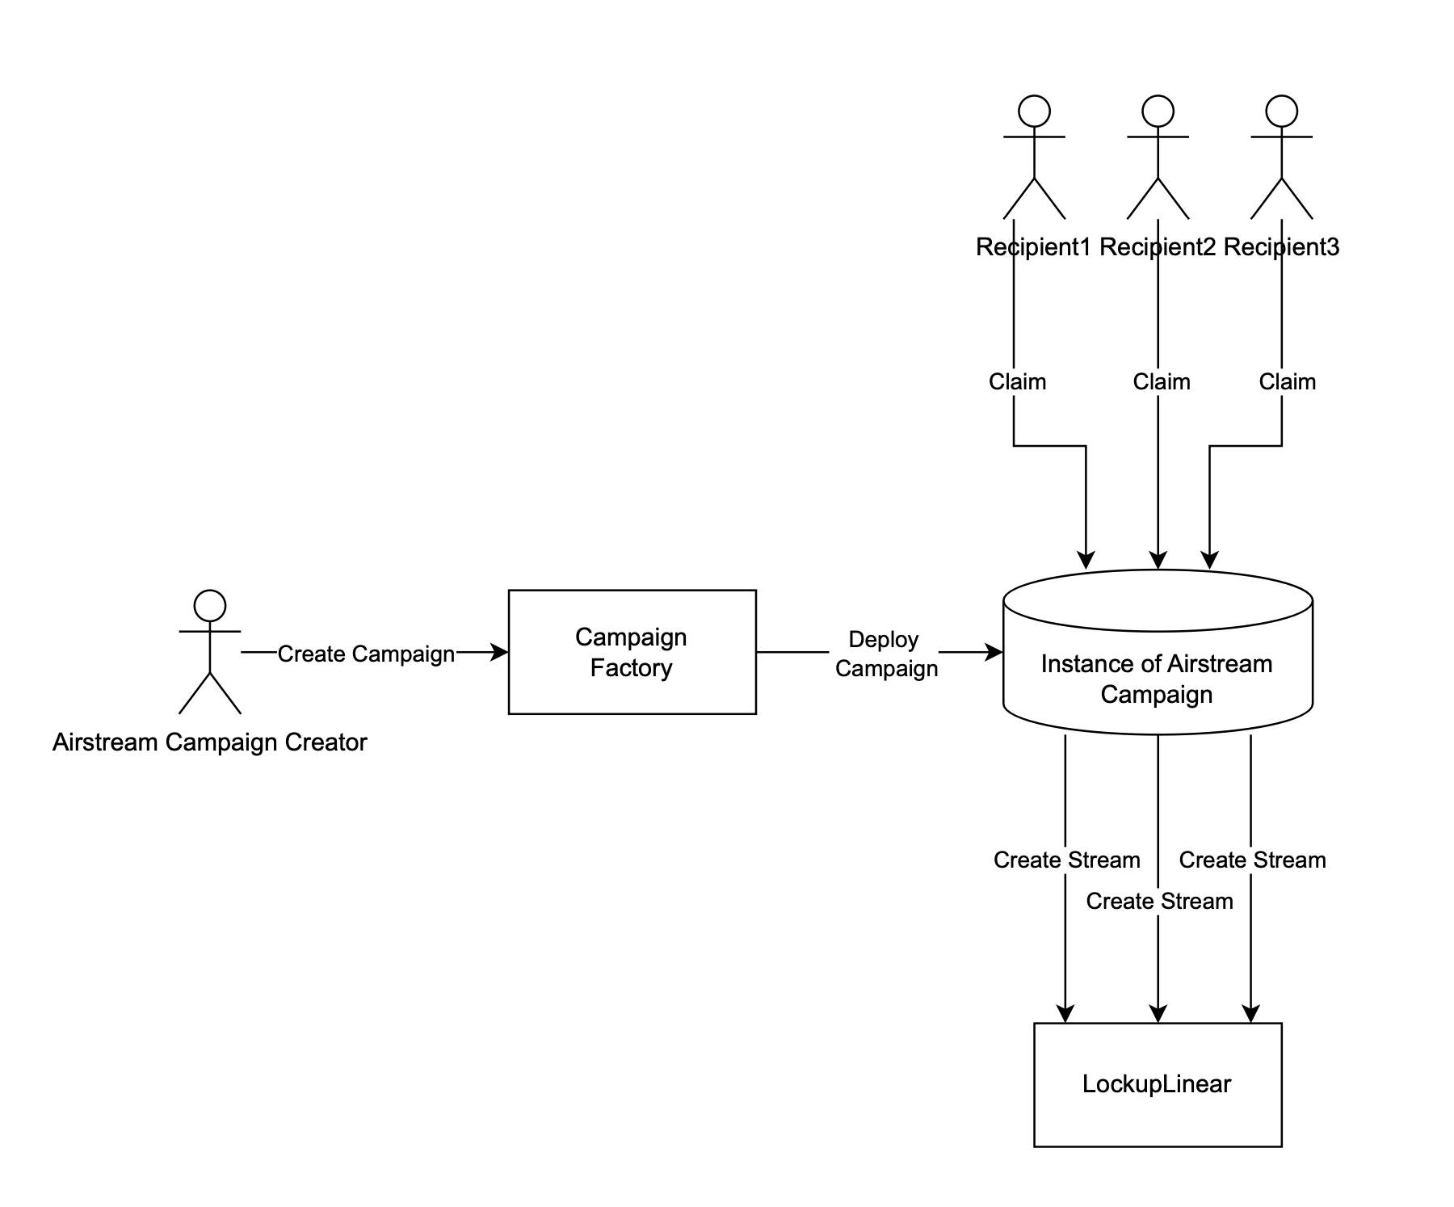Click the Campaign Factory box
tap(632, 652)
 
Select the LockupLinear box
tap(1157, 1084)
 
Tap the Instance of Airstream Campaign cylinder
tap(1157, 679)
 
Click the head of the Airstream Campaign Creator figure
tap(210, 605)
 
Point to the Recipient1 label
tap(1033, 247)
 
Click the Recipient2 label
tap(1157, 247)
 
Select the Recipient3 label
tap(1281, 247)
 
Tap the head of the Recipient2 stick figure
tap(1158, 111)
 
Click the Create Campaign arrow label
tap(366, 654)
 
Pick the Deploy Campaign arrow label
tap(885, 654)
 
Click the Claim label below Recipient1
tap(1017, 381)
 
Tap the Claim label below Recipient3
tap(1287, 381)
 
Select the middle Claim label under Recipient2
tap(1161, 381)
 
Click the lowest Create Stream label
tap(1159, 901)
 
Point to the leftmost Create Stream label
tap(1066, 860)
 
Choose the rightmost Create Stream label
tap(1252, 860)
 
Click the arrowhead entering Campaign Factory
tap(501, 652)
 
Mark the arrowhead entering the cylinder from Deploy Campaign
tap(995, 652)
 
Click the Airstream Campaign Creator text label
tap(210, 742)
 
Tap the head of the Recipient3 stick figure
tap(1281, 111)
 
